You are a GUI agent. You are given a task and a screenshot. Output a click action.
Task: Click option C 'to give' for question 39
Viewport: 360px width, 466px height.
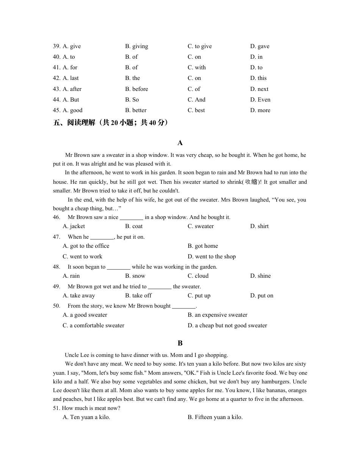[200, 46]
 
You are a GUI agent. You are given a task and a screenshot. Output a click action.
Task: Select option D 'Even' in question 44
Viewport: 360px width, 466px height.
[260, 100]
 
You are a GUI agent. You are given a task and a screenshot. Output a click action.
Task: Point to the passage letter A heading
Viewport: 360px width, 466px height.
[180, 143]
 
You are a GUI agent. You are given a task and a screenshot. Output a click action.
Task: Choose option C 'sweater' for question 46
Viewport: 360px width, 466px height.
[200, 226]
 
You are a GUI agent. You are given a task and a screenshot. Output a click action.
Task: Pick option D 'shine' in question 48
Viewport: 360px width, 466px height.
[260, 276]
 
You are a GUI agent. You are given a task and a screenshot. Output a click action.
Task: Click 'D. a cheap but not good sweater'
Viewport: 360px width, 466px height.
[227, 325]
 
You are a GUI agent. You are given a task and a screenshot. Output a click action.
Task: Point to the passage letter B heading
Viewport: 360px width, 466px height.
[180, 343]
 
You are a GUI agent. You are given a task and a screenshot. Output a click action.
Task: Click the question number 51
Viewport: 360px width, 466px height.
[56, 408]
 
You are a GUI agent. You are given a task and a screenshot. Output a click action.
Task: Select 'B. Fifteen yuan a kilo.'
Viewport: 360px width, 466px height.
[215, 417]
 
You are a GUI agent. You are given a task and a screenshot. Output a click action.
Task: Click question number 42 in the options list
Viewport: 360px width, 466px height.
[56, 78]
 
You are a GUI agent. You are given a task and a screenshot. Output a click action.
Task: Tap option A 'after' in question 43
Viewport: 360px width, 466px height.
[72, 89]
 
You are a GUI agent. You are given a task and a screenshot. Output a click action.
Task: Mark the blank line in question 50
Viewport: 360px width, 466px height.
[184, 306]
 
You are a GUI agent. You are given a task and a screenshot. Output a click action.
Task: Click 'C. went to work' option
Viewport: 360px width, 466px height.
[83, 256]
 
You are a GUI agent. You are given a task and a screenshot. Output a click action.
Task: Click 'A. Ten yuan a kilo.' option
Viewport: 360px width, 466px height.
[86, 417]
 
